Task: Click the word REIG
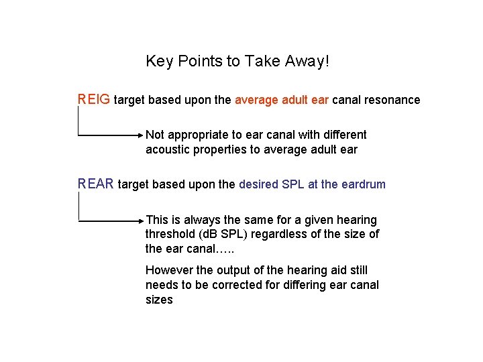[94, 100]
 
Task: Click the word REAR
[96, 184]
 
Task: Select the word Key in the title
[159, 62]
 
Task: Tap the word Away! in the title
[308, 62]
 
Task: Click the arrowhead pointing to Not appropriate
[141, 135]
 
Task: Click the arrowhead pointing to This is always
[141, 220]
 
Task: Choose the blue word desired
[258, 184]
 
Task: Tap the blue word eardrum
[364, 184]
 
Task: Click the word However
[168, 270]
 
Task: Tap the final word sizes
[159, 300]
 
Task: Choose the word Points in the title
[199, 62]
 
